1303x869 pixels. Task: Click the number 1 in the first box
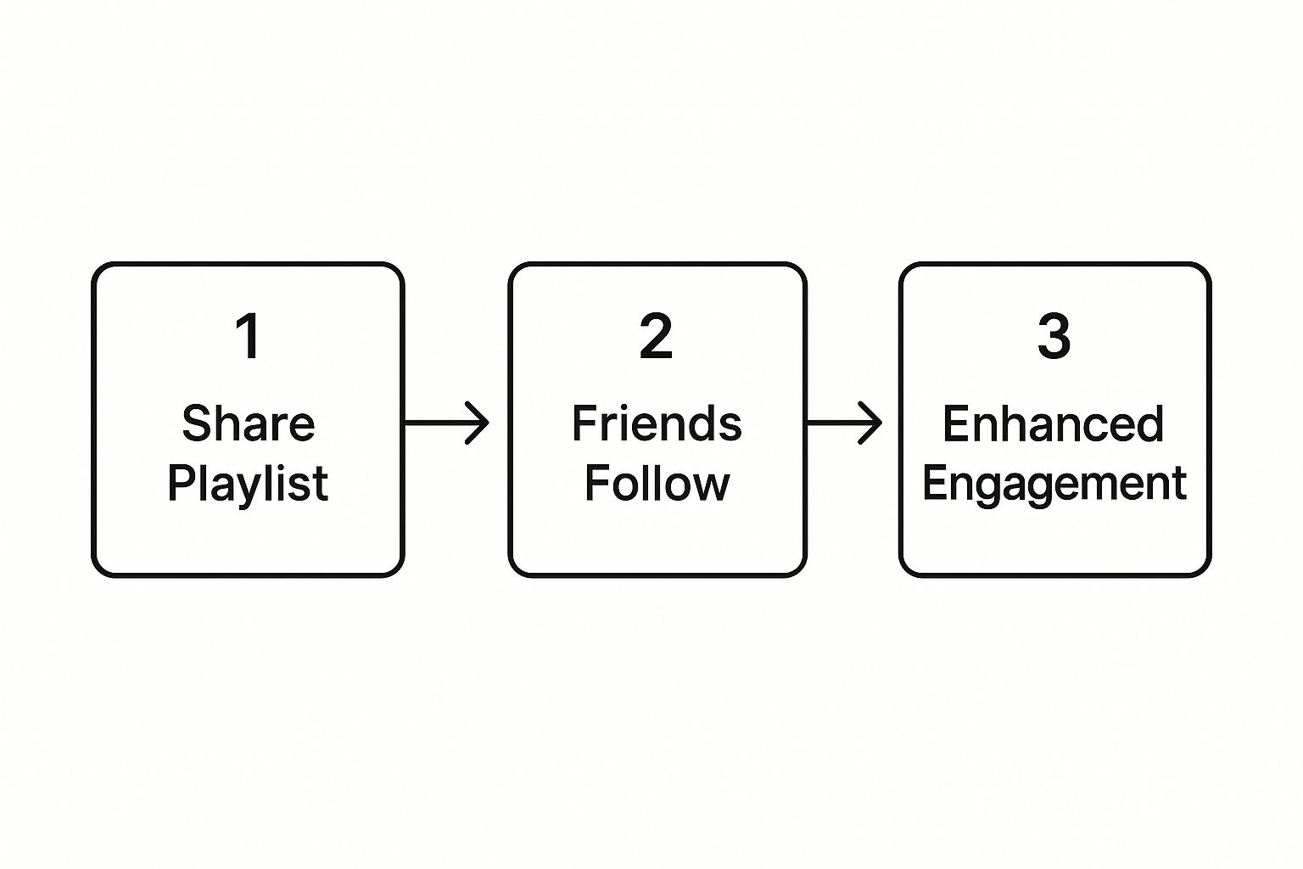249,336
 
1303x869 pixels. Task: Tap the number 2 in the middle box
656,336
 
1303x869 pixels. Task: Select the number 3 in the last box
1054,336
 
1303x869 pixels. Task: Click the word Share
249,423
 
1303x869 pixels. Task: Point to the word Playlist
248,484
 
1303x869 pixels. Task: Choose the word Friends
657,423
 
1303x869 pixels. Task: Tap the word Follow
657,483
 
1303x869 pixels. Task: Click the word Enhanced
1053,423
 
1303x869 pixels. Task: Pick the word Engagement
1054,484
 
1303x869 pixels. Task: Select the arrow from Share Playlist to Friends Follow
446,423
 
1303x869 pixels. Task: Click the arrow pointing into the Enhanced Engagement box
844,423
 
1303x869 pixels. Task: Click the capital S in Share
196,423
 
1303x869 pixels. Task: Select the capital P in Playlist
181,483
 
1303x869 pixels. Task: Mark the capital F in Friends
584,423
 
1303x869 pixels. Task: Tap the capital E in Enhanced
956,423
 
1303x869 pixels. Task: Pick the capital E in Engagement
937,483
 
